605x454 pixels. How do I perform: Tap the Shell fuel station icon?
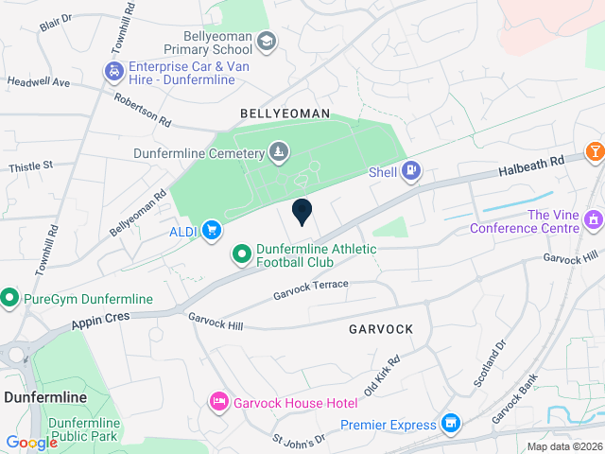click(411, 171)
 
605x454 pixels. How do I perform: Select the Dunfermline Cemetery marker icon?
click(278, 151)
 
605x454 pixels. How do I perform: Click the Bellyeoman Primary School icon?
click(267, 41)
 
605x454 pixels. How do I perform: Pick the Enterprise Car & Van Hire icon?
click(113, 72)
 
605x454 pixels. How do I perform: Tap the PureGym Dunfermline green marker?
click(10, 299)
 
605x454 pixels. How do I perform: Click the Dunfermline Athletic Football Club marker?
click(241, 254)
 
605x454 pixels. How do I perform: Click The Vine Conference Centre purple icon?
click(593, 220)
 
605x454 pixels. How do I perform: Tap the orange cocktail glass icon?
click(596, 151)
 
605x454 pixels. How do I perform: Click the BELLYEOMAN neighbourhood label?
click(285, 113)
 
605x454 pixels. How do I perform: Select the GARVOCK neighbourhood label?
click(380, 329)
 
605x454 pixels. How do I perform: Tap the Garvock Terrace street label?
click(311, 290)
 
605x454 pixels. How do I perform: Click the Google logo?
click(31, 443)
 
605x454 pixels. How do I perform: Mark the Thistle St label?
click(31, 166)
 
